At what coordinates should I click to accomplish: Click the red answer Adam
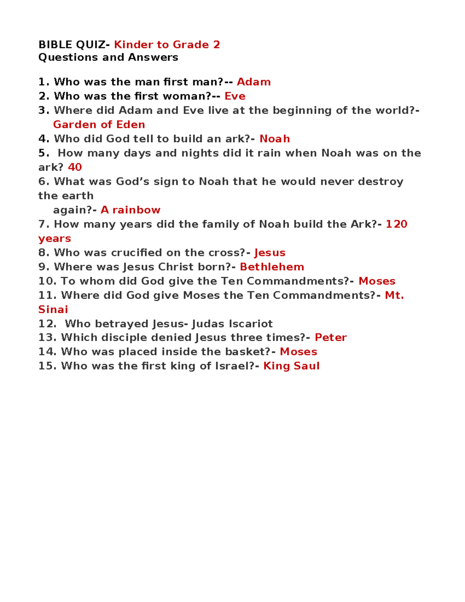point(253,82)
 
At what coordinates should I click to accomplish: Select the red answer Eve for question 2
point(235,96)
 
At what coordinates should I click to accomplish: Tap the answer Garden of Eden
point(99,124)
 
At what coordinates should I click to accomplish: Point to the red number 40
point(75,167)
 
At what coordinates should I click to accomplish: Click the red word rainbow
point(136,210)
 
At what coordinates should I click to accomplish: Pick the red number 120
point(396,224)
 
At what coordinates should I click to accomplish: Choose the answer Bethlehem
point(272,267)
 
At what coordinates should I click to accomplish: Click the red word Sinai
point(53,309)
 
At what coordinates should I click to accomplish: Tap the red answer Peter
point(331,337)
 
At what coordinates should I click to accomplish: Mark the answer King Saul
point(291,366)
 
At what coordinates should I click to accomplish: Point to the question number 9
point(43,267)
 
